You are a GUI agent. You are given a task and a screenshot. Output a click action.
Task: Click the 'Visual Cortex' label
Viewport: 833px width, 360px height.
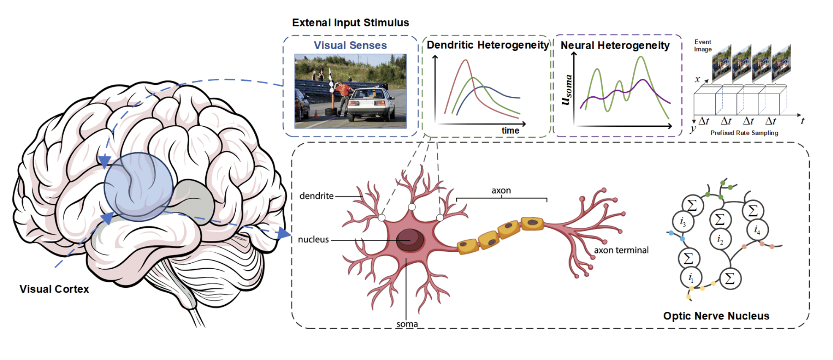(54, 289)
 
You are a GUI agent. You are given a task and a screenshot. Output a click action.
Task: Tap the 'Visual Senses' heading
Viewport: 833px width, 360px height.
(350, 45)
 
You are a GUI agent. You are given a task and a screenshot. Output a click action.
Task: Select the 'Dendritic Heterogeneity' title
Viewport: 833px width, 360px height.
(487, 45)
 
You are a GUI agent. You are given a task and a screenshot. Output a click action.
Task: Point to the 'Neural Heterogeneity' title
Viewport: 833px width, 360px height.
(615, 45)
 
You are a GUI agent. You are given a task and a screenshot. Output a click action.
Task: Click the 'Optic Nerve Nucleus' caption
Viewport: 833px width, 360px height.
(716, 316)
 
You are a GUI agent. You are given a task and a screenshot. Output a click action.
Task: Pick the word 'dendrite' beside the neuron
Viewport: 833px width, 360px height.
(316, 196)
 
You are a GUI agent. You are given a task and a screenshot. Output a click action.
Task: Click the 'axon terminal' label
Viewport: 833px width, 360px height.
(621, 250)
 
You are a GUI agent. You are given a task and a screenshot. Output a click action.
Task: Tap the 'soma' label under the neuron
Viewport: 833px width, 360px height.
(407, 324)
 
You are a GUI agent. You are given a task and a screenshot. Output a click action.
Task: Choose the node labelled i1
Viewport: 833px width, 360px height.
(691, 278)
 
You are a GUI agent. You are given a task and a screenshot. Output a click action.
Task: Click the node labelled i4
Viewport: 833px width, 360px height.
(757, 230)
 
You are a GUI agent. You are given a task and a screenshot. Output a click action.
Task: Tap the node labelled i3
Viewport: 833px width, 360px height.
(683, 222)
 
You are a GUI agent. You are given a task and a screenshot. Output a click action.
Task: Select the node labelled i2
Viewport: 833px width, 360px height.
(720, 240)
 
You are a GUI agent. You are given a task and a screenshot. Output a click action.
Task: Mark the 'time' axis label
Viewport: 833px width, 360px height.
(510, 131)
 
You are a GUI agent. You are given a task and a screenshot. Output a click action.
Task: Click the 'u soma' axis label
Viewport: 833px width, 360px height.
(567, 90)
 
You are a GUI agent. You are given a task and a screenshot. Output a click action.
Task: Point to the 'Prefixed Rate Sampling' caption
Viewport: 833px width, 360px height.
(744, 133)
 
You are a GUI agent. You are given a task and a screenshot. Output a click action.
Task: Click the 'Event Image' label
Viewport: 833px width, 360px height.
(703, 46)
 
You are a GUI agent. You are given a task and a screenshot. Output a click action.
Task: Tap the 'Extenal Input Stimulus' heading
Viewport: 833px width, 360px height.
(350, 22)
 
